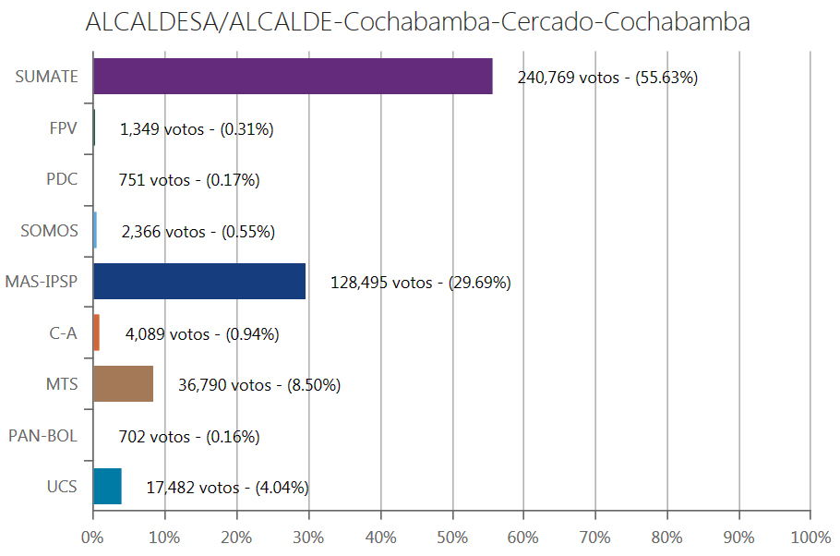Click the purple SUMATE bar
(x=293, y=77)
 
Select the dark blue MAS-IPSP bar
(x=199, y=282)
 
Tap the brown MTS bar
(x=123, y=384)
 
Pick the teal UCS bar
(x=107, y=487)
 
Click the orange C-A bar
(x=96, y=332)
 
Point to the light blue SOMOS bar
(x=95, y=230)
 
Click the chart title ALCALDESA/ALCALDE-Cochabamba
(x=417, y=23)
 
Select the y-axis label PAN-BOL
(x=42, y=435)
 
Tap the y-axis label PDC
(x=62, y=179)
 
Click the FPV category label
(x=63, y=128)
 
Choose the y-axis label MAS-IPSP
(x=42, y=282)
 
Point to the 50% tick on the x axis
(x=452, y=537)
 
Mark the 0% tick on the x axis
(x=92, y=537)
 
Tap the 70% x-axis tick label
(x=595, y=537)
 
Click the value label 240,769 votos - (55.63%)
(x=606, y=78)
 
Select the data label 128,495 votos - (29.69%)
(x=420, y=283)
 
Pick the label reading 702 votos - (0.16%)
(x=189, y=436)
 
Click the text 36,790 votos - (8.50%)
(x=258, y=385)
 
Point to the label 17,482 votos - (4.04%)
(x=227, y=487)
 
